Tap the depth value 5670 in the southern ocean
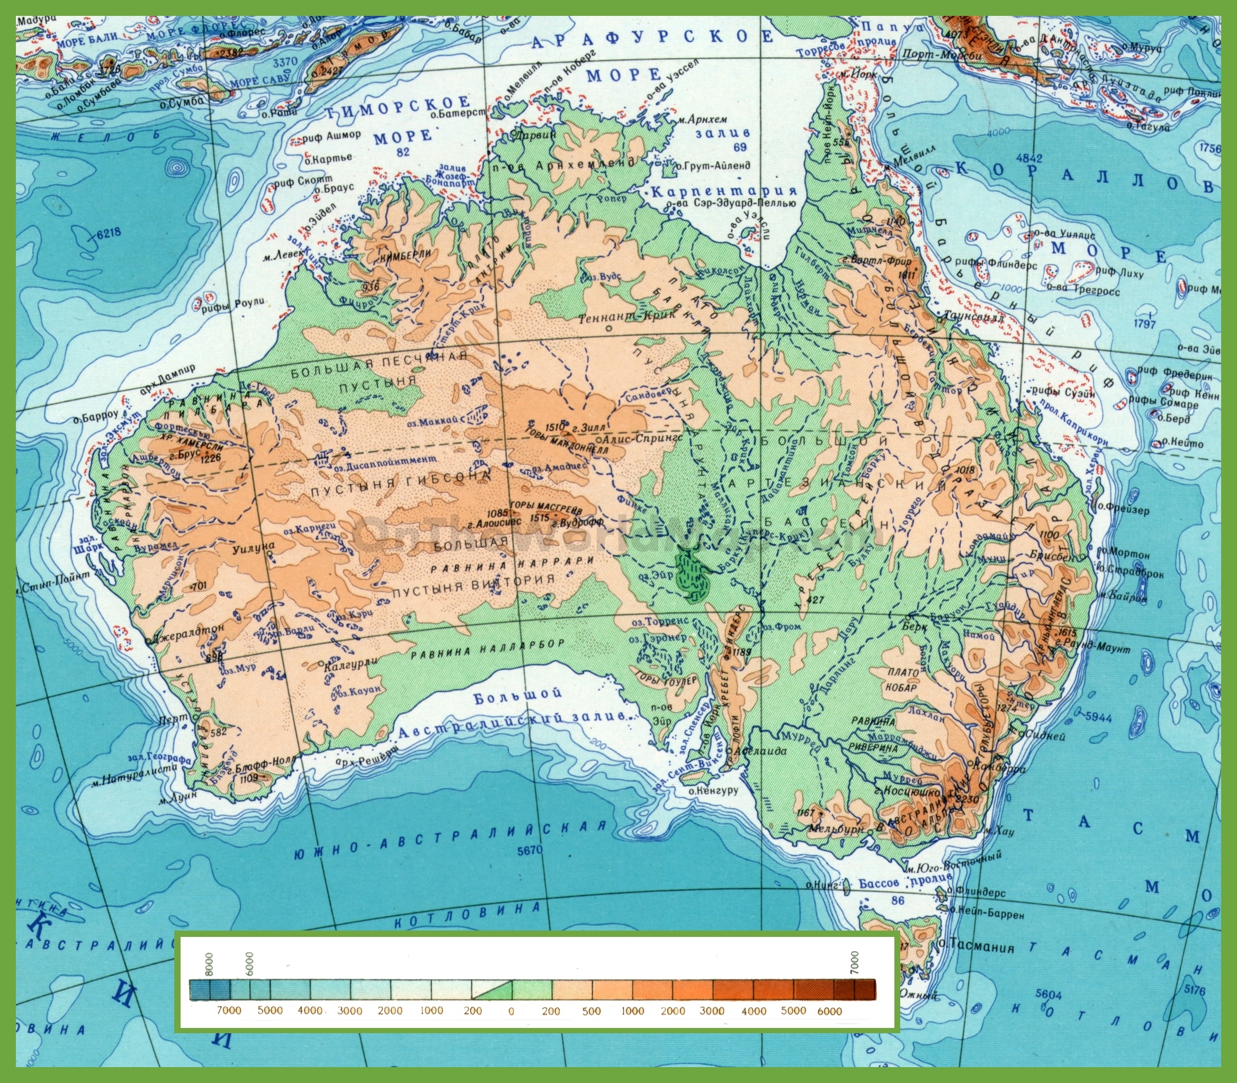point(530,850)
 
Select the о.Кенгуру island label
point(713,790)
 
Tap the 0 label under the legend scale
point(512,1010)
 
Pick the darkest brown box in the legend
point(865,989)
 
